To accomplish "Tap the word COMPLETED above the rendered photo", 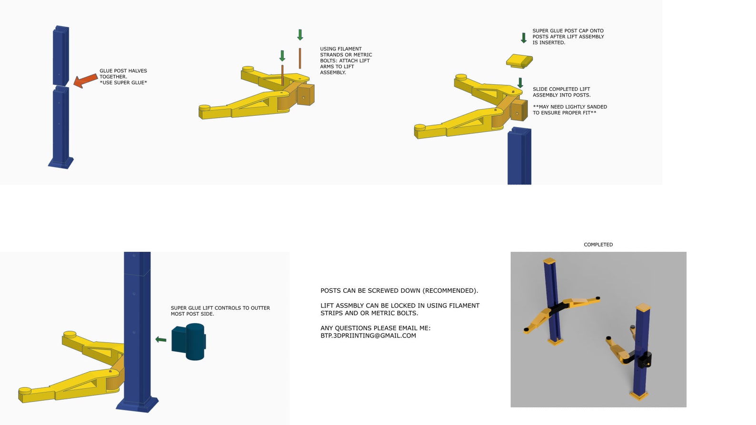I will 598,245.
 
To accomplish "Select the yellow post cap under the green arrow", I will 519,61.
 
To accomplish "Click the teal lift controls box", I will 189,341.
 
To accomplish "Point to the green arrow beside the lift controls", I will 161,339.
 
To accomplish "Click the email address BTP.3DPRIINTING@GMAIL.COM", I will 368,336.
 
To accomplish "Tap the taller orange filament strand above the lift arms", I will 300,58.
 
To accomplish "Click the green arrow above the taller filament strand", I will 300,35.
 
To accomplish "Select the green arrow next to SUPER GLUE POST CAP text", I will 524,38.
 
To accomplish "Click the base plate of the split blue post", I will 61,163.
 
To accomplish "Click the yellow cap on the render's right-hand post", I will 643,307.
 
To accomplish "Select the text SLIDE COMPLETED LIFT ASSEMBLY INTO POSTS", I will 561,92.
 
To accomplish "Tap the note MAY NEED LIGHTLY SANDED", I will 569,110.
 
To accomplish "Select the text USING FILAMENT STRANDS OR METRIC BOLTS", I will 346,60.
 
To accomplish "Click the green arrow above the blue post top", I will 520,83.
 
